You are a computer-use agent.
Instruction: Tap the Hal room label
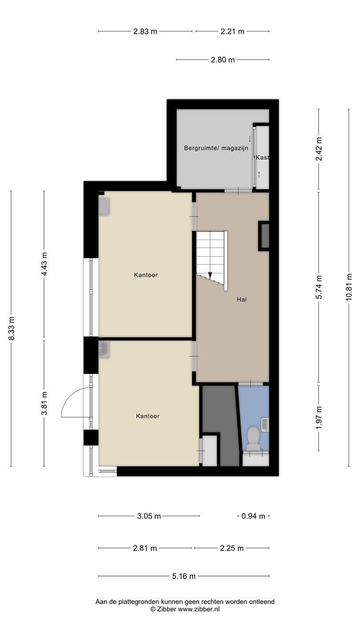[242, 300]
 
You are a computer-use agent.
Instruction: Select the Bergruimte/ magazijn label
[216, 148]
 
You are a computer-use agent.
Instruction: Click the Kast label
[262, 157]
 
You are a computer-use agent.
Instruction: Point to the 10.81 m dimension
[349, 287]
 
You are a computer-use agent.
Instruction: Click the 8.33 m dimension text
[11, 328]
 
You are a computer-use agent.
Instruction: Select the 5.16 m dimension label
[184, 576]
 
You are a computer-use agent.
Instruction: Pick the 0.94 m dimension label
[253, 516]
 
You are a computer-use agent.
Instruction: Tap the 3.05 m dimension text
[149, 516]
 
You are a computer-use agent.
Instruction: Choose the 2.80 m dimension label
[223, 60]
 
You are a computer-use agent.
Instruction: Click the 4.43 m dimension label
[44, 264]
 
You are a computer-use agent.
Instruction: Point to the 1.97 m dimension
[319, 417]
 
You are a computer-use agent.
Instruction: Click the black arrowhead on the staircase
[210, 275]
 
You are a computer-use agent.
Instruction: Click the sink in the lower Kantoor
[104, 349]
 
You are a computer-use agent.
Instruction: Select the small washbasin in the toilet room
[265, 424]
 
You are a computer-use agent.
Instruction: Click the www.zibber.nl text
[199, 609]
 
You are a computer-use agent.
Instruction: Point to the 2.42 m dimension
[319, 149]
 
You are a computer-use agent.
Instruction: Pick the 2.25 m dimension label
[232, 548]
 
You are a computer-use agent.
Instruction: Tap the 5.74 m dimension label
[319, 287]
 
